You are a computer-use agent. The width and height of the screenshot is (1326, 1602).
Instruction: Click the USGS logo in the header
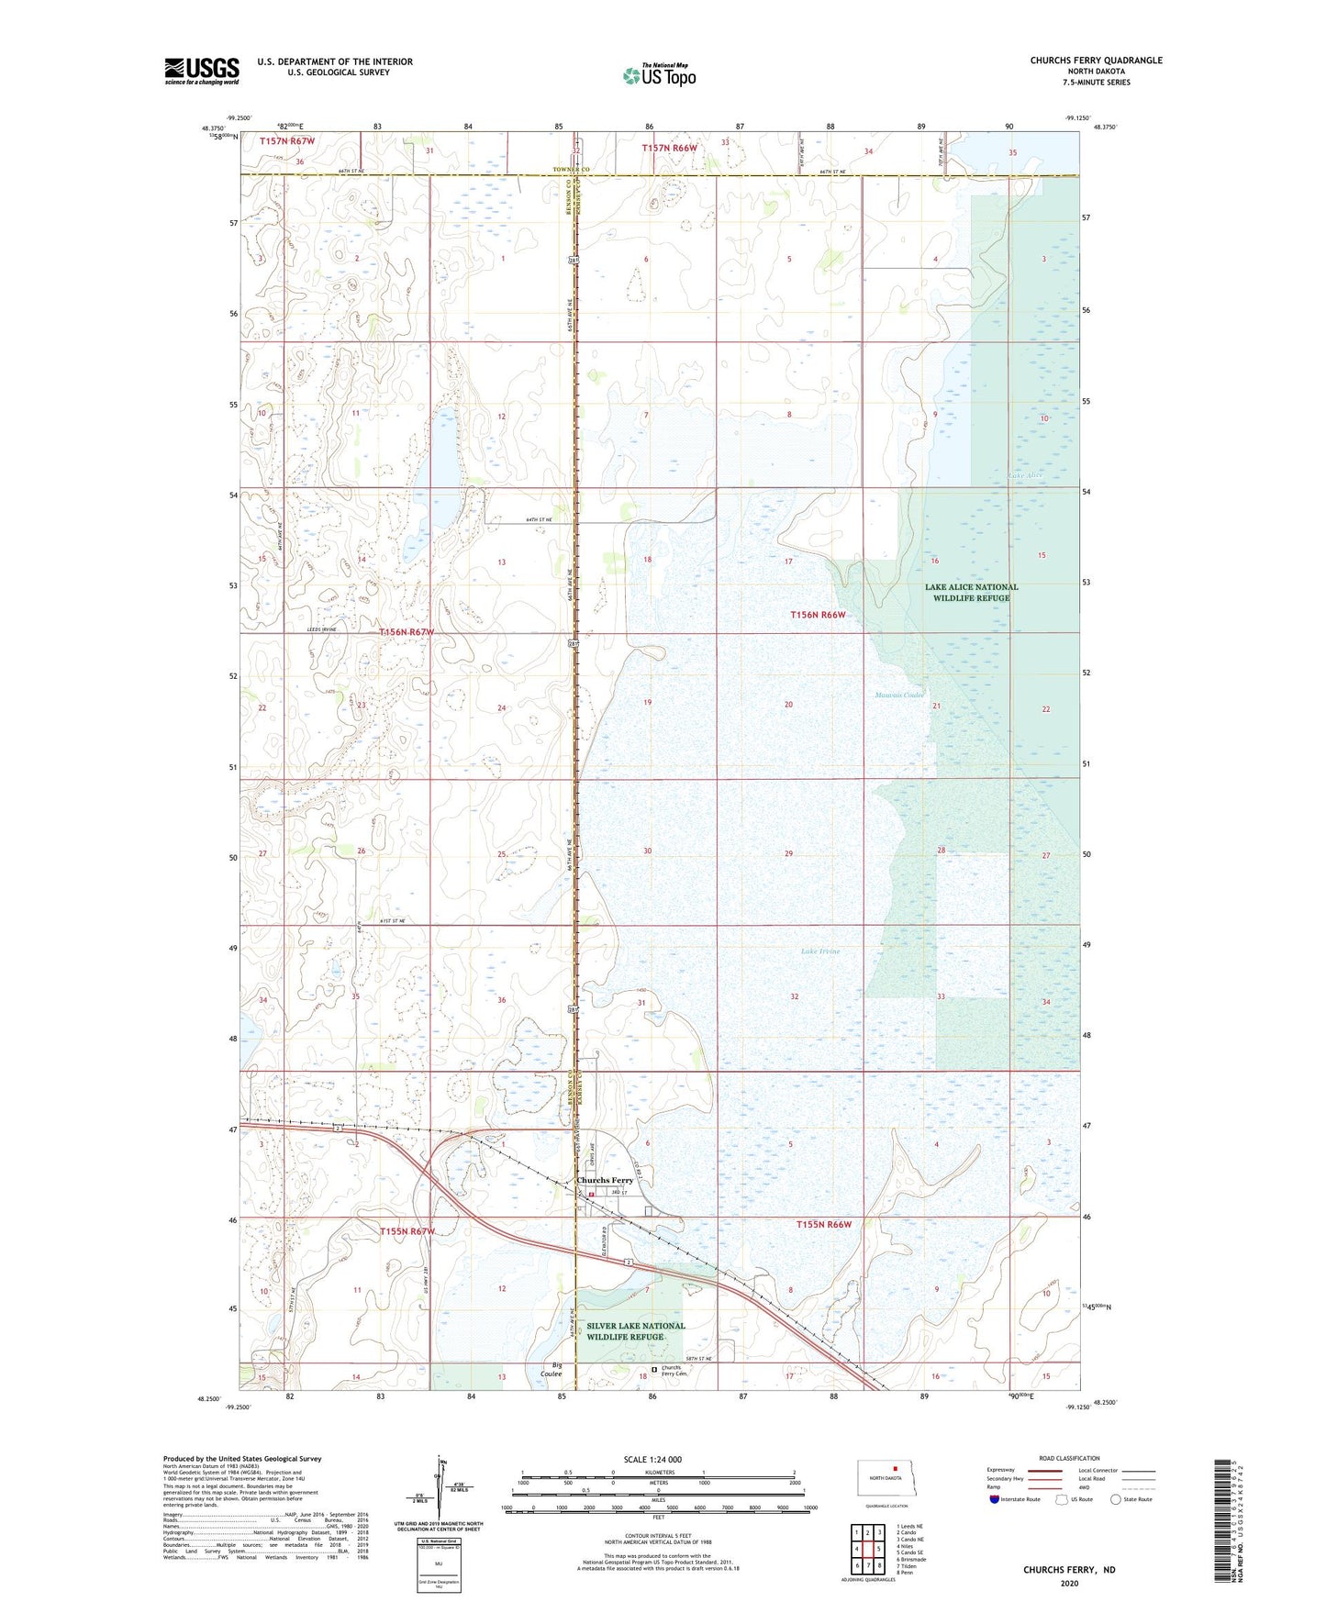point(202,71)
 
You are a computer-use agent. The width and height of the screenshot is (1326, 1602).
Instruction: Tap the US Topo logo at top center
point(659,75)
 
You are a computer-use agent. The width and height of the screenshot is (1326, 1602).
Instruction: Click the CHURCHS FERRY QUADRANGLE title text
point(1096,61)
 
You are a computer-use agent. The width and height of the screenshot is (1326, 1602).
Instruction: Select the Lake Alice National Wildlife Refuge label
point(971,592)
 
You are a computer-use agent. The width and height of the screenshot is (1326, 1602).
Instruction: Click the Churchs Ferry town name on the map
point(605,1180)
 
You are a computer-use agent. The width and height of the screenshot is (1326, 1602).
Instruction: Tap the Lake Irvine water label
point(820,951)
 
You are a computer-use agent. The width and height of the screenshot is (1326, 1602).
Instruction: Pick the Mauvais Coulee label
point(899,695)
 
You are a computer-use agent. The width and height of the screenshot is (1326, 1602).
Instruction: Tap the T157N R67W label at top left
point(286,141)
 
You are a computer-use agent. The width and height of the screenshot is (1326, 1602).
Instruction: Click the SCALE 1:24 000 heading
point(652,1459)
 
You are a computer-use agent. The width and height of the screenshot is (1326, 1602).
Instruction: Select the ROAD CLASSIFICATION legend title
point(1069,1458)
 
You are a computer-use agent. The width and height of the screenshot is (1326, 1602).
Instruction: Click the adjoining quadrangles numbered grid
point(867,1550)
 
